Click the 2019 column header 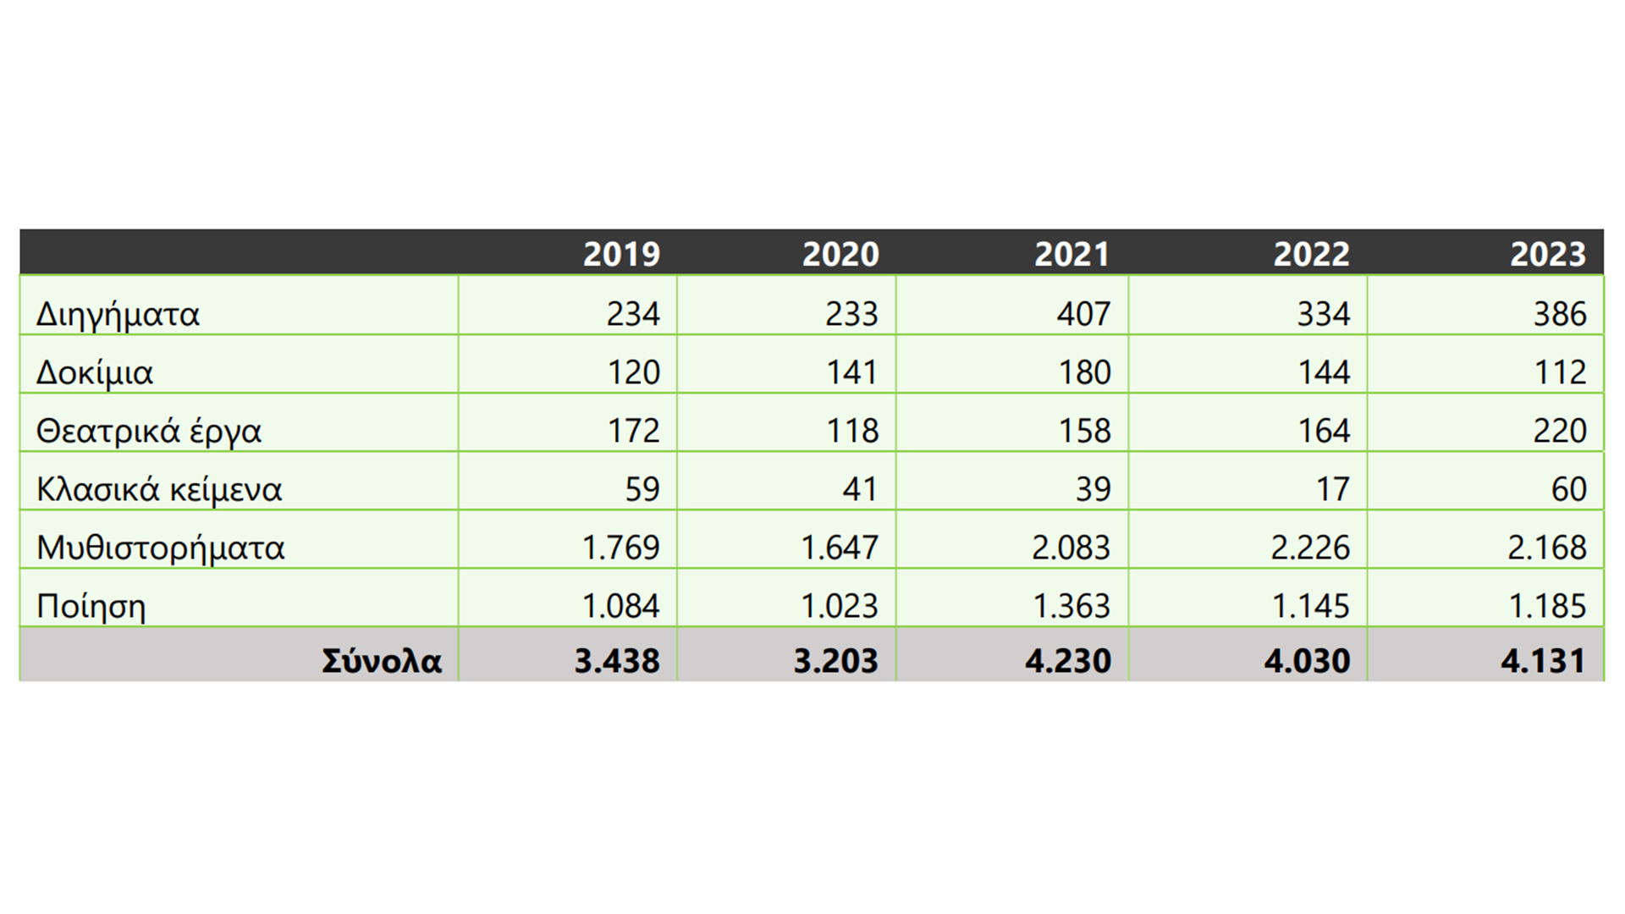tap(621, 254)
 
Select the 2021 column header tap(1071, 254)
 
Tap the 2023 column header tap(1548, 254)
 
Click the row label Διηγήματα tap(118, 315)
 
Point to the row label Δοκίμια tap(94, 373)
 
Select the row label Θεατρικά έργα tap(149, 432)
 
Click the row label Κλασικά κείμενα tap(159, 490)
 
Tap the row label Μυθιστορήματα tap(161, 548)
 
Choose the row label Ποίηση tap(91, 607)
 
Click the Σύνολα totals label tap(382, 661)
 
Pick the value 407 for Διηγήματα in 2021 tap(1083, 314)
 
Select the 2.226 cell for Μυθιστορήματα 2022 tap(1310, 548)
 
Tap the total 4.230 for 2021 tap(1068, 661)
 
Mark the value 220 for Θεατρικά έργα tap(1560, 431)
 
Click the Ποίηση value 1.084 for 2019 tap(620, 606)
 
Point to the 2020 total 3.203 tap(835, 661)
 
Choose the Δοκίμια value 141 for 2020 tap(852, 372)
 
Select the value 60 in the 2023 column tap(1568, 489)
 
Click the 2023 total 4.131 tap(1543, 661)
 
